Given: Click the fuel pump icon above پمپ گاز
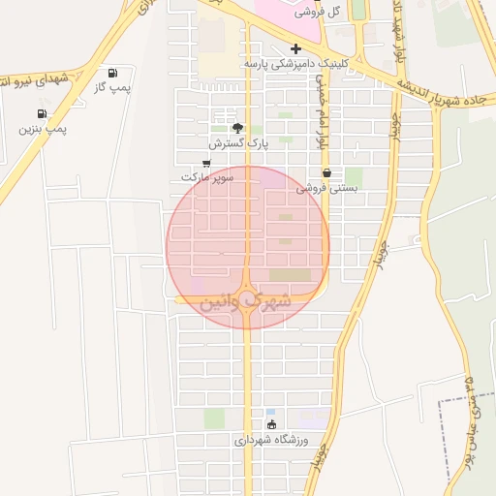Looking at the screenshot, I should click(x=113, y=73).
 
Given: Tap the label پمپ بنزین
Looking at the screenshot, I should click(x=43, y=128).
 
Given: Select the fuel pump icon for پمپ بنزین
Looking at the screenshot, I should click(x=42, y=113).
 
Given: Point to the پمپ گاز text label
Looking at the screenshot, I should click(x=112, y=87).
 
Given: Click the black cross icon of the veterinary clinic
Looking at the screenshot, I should click(x=295, y=48).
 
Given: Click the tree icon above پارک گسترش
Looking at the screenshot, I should click(x=237, y=128).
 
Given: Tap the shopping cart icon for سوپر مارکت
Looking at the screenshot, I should click(x=206, y=163).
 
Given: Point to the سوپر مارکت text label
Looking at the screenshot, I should click(x=208, y=177).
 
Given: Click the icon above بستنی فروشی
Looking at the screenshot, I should click(x=326, y=172).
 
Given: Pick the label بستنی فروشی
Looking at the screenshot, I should click(x=326, y=188).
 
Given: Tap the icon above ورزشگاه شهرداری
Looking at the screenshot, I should click(x=270, y=424).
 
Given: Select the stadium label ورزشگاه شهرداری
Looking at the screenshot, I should click(x=270, y=440).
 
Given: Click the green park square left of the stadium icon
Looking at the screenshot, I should click(x=214, y=418).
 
